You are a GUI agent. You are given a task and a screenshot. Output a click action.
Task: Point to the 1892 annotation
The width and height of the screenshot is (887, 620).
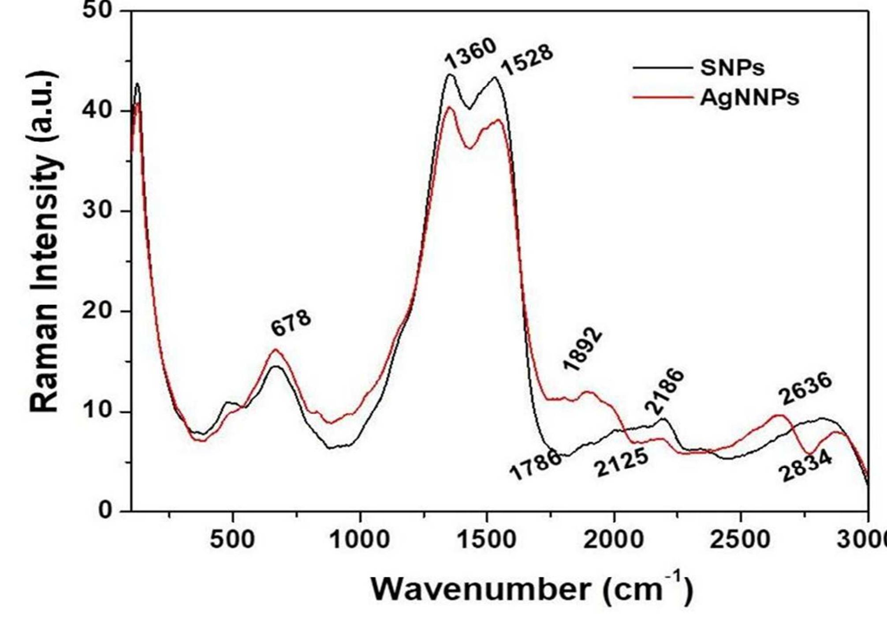(x=583, y=350)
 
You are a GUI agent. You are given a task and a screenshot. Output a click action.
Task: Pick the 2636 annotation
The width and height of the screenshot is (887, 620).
(x=805, y=388)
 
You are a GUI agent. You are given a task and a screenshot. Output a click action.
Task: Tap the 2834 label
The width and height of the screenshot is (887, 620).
(x=805, y=467)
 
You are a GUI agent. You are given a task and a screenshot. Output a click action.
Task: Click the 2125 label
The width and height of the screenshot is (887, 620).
(x=621, y=462)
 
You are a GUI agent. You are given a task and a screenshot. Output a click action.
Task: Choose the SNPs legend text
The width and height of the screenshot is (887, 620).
(x=732, y=67)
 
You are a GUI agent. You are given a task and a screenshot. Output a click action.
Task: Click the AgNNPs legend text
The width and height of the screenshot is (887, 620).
(x=749, y=97)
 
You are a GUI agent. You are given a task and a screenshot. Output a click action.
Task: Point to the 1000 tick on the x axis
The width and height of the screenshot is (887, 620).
(x=360, y=539)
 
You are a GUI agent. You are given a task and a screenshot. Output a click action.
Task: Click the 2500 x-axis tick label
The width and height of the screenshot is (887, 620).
(x=740, y=539)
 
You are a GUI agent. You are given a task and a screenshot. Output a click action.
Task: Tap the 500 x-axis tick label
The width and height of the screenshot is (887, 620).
(x=232, y=539)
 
